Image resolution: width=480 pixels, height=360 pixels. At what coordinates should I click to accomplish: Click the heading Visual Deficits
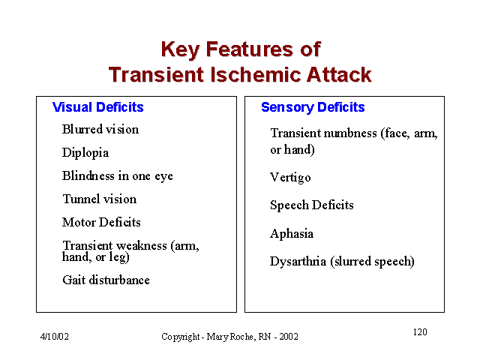(98, 107)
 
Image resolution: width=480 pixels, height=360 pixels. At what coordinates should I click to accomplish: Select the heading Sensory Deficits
(313, 107)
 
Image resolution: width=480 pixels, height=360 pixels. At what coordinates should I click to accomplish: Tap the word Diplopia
(85, 153)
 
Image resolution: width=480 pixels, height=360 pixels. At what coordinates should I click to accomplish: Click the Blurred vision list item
(100, 129)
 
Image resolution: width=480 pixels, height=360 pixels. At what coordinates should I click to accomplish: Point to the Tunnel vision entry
(100, 199)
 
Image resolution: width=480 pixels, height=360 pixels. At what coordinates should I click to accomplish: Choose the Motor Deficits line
(101, 222)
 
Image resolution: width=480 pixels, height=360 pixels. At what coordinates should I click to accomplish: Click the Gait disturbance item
(106, 280)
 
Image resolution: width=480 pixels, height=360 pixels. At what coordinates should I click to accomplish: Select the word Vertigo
(290, 178)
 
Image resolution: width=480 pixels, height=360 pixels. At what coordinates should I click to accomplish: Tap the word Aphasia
(292, 234)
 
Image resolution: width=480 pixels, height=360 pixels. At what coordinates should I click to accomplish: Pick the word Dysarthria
(298, 262)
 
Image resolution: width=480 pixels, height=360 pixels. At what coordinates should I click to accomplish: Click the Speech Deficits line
(312, 205)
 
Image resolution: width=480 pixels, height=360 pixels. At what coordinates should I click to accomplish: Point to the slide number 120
(420, 332)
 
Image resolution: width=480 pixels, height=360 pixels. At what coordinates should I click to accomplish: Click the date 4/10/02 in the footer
(55, 337)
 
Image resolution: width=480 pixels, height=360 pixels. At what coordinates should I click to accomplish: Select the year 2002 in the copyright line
(289, 337)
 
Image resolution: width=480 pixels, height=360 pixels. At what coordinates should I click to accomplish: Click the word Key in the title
(180, 50)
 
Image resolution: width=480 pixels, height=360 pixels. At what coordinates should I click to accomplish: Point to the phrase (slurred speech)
(372, 262)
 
